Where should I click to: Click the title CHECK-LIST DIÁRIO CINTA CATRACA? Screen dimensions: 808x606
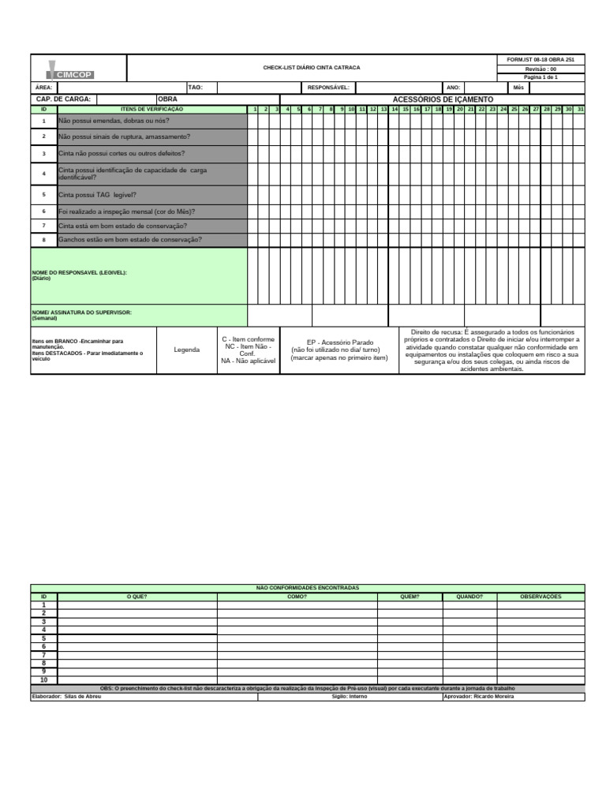point(312,68)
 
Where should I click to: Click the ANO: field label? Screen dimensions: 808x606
point(453,88)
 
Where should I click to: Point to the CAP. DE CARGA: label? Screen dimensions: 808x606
point(64,99)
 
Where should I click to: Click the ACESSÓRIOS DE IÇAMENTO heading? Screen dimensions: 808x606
point(443,99)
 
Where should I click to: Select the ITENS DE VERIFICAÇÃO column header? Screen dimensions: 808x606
point(151,109)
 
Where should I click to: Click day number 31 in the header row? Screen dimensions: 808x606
point(580,109)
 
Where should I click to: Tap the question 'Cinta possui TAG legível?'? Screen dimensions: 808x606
point(97,194)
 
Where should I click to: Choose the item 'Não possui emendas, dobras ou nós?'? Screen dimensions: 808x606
point(114,121)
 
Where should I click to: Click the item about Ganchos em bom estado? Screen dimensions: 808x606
point(129,239)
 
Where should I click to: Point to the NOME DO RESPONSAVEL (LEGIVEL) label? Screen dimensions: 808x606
point(79,272)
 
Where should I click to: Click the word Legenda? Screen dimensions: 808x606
point(187,350)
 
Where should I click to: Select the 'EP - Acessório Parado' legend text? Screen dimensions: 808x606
point(339,343)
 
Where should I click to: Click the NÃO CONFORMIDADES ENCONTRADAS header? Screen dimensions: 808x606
point(308,588)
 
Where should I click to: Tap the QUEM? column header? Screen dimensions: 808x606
point(410,597)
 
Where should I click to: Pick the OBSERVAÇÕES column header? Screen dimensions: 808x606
point(541,597)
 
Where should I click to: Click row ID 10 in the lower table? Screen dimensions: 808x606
point(44,679)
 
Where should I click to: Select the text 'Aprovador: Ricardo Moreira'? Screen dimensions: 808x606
point(478,697)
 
